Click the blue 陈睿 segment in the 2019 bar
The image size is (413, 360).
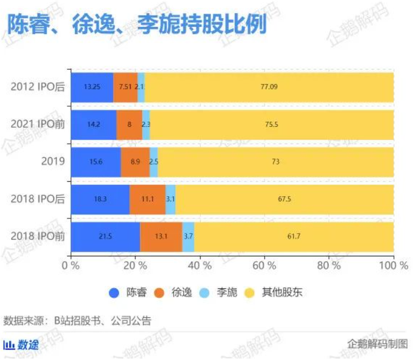tap(96, 162)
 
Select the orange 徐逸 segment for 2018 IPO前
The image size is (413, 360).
tap(161, 237)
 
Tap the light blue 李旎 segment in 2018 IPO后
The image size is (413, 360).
tap(170, 199)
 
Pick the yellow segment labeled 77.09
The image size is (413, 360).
tap(269, 87)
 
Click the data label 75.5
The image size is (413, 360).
tap(272, 124)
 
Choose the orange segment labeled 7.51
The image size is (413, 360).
tap(125, 87)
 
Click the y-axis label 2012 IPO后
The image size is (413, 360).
tap(37, 87)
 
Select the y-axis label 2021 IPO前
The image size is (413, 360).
tap(37, 124)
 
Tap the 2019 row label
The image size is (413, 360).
tap(53, 162)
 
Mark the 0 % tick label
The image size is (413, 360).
tap(71, 265)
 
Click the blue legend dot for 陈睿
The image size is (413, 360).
tap(114, 293)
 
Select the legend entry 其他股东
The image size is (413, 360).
tap(282, 293)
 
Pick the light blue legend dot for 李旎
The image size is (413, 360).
tap(204, 293)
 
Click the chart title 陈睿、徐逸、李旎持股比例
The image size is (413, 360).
tap(137, 25)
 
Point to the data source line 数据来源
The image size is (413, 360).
tap(77, 321)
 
